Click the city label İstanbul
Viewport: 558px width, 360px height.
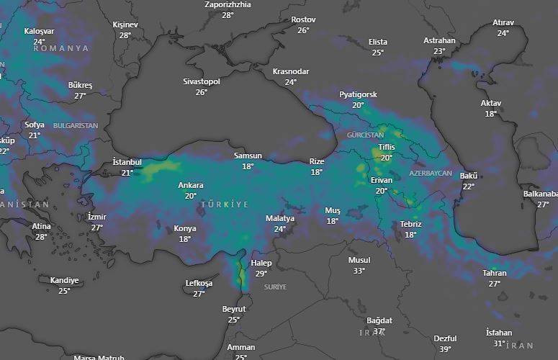coord(127,162)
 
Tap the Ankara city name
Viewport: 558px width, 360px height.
coord(191,186)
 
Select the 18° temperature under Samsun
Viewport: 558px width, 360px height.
coord(248,166)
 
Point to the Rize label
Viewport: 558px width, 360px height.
coord(317,162)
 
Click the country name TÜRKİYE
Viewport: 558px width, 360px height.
coord(225,205)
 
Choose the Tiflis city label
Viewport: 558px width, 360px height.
coord(387,148)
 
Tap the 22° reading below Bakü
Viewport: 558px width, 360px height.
coord(469,186)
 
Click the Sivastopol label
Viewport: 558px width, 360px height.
coord(202,82)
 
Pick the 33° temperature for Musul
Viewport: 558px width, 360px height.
coord(359,271)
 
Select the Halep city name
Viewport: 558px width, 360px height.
coord(261,264)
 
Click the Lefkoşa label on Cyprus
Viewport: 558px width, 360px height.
coord(199,284)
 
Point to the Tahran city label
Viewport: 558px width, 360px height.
coord(495,274)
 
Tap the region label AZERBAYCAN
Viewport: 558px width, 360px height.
coord(431,174)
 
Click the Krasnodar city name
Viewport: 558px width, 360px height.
coord(291,72)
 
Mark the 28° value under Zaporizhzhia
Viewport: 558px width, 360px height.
coord(228,15)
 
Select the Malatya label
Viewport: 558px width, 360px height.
coord(280,219)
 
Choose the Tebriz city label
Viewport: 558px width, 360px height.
coord(410,225)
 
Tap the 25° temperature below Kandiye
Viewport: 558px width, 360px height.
coord(64,291)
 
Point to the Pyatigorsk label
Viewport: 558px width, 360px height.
coord(359,95)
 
